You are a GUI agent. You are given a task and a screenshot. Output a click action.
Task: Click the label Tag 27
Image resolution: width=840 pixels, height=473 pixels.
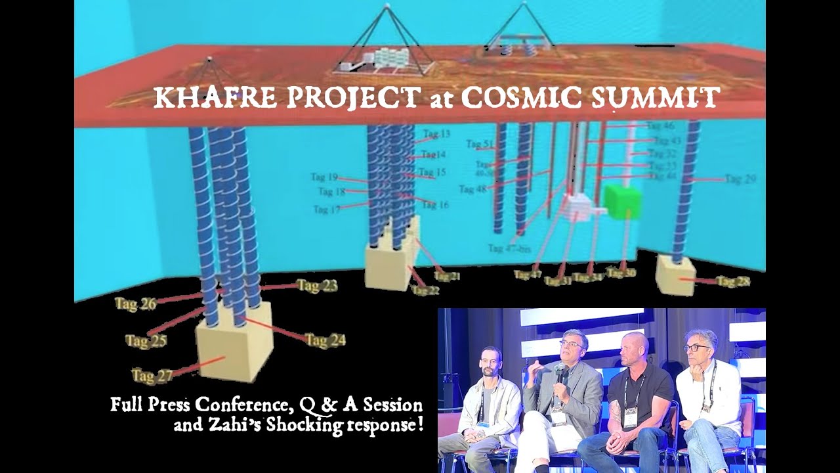pos(152,376)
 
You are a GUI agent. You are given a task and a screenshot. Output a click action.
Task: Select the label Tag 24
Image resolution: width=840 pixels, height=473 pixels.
pos(325,340)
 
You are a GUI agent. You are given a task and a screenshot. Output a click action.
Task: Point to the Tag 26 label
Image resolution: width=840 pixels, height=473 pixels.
pos(135,304)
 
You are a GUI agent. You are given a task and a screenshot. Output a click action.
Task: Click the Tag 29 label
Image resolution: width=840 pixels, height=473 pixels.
pos(740,179)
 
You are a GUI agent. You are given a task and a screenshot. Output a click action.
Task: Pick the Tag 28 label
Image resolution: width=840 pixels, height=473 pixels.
pos(733,282)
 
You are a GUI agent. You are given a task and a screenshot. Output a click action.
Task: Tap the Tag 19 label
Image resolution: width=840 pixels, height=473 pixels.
pos(324,177)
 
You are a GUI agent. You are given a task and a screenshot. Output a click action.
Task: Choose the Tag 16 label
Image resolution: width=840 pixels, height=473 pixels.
pos(434,205)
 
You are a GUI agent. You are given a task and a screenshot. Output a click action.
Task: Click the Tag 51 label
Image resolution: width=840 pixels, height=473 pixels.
pos(480,145)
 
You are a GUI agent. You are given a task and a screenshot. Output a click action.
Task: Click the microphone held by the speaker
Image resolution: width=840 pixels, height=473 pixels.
pos(560,375)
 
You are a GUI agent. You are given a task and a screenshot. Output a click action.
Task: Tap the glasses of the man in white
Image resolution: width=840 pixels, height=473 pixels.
pos(696,348)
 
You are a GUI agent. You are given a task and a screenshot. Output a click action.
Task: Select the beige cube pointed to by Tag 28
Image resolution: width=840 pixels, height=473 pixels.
pos(675,275)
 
